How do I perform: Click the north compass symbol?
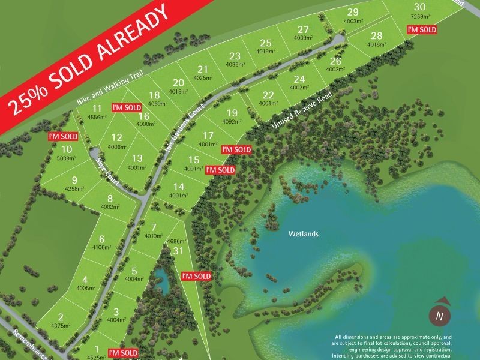coord(440,314)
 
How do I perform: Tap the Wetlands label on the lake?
coord(302,235)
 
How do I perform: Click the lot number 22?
coord(268,94)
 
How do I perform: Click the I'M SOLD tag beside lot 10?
coord(64,137)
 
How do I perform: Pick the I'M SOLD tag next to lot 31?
coord(196,276)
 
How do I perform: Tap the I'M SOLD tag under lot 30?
coord(421,29)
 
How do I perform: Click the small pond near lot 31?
coord(160,275)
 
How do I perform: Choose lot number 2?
coord(61,317)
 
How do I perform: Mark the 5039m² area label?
coord(67,159)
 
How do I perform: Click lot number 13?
coord(137,158)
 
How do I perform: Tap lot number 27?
coord(303,29)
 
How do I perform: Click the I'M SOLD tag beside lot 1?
coord(122,352)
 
